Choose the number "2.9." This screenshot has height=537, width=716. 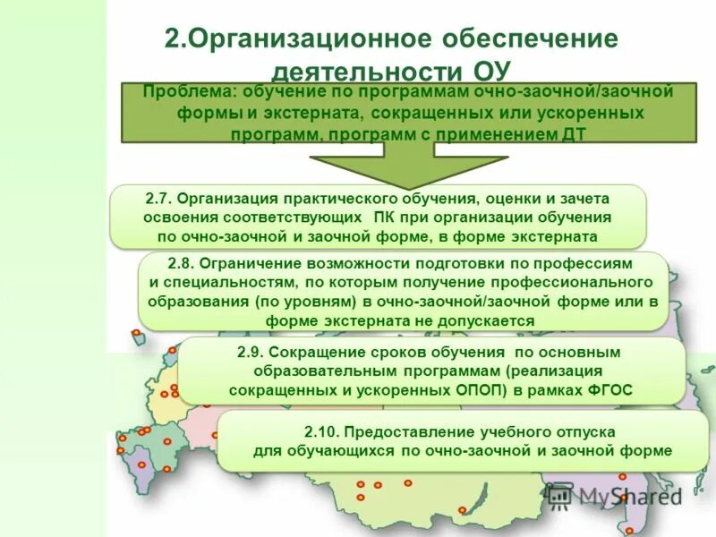point(251,352)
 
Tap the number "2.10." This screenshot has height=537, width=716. point(324,431)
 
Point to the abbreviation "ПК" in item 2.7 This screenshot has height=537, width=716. point(384,217)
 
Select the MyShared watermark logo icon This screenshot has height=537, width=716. point(559,495)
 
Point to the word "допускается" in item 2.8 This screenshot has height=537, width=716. point(491,320)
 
